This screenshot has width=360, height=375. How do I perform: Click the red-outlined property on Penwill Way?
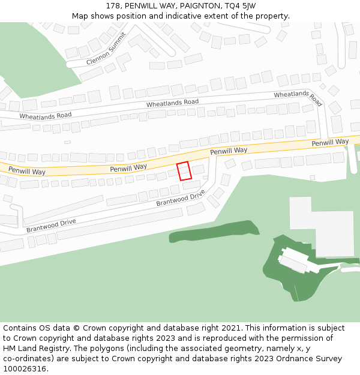pos(184,171)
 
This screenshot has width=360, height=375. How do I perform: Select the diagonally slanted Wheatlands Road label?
pos(298,98)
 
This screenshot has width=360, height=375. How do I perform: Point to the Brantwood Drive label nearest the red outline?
pos(181,199)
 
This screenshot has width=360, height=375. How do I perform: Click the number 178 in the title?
pos(113,6)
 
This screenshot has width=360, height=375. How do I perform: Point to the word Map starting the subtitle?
pos(80,16)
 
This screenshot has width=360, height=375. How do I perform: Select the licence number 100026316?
pos(25,369)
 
